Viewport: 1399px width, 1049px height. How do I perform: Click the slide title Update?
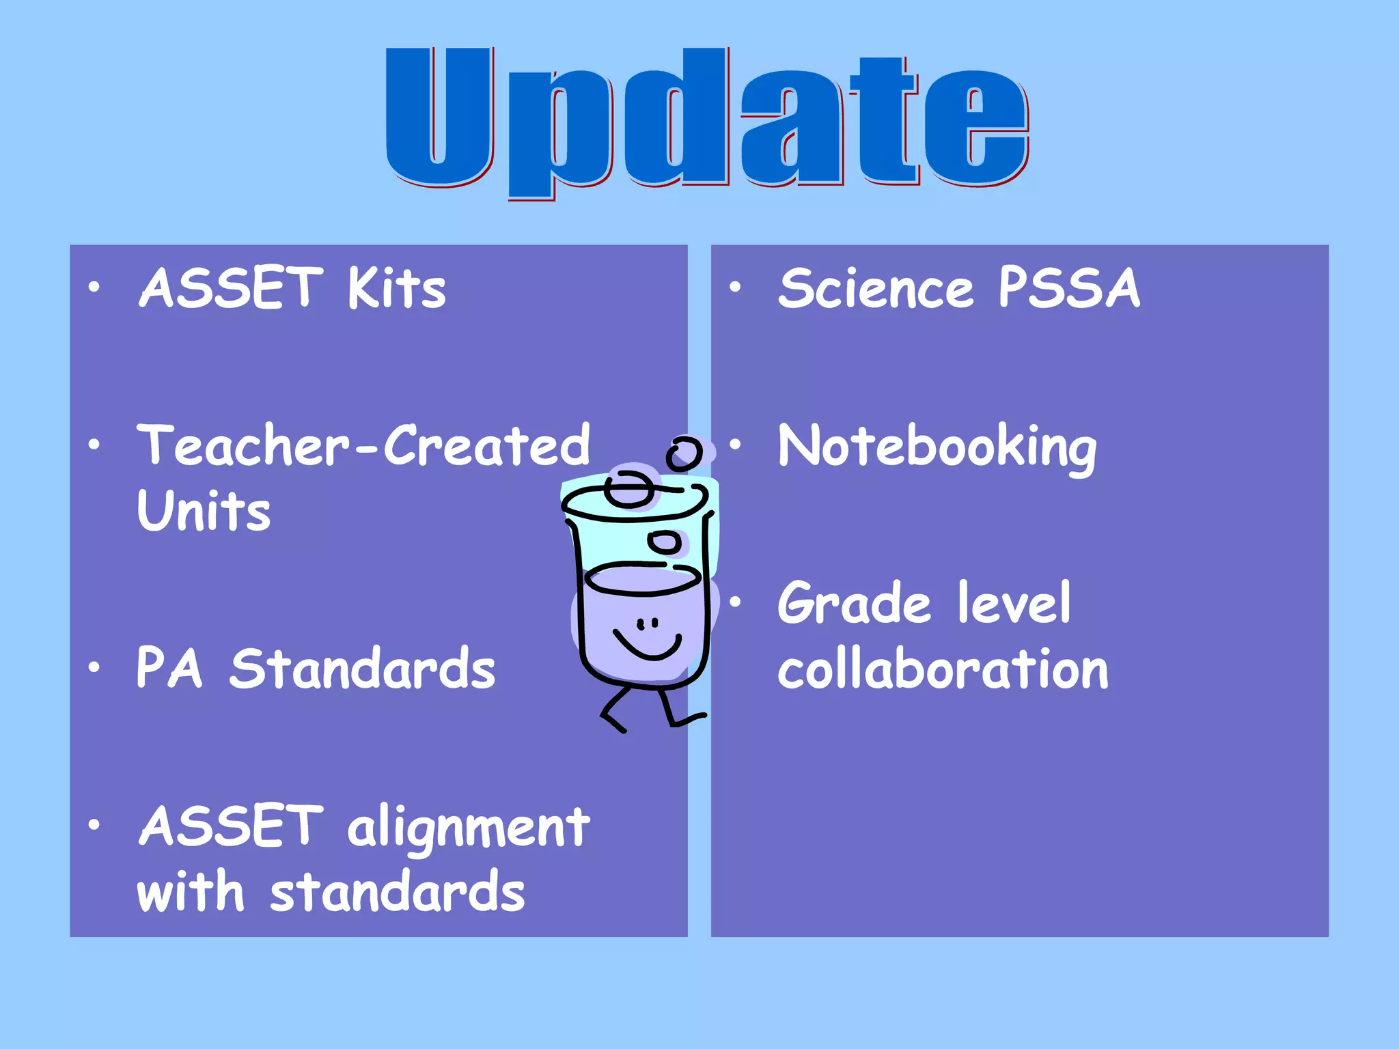click(x=707, y=120)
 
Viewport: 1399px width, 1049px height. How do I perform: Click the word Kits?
click(x=396, y=288)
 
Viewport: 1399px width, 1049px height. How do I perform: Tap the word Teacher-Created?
click(x=363, y=446)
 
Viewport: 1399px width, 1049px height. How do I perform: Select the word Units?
click(x=204, y=510)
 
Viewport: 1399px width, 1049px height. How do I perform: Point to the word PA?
click(x=169, y=667)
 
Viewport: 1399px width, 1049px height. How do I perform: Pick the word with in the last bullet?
click(x=190, y=891)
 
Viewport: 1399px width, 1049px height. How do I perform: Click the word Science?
click(x=876, y=288)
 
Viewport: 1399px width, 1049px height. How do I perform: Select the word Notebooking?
click(x=937, y=448)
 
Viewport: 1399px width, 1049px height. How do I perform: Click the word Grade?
click(x=854, y=604)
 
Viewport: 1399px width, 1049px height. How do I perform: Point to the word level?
click(x=1014, y=602)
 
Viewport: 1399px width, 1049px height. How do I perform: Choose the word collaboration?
click(x=943, y=669)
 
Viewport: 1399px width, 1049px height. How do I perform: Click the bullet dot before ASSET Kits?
click(x=94, y=288)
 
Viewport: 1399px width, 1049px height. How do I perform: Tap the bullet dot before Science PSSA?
click(x=735, y=288)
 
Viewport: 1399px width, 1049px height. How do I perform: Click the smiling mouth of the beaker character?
click(x=648, y=645)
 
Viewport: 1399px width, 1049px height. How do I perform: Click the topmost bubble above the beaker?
click(x=684, y=453)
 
